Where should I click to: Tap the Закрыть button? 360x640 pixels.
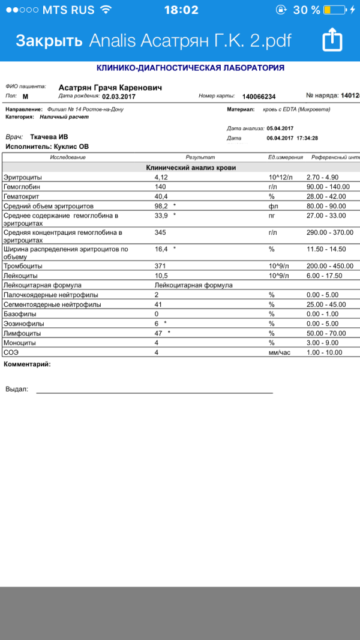click(49, 40)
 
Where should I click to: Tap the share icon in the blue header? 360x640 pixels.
click(332, 40)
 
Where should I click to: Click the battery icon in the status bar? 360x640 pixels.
click(334, 10)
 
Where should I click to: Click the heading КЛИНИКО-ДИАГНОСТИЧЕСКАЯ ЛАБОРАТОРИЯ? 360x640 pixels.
click(190, 68)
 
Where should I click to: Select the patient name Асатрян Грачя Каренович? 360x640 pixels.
click(110, 88)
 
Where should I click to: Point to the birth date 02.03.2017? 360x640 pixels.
click(119, 96)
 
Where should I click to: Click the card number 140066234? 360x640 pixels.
click(259, 97)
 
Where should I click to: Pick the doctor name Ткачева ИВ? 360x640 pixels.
click(49, 137)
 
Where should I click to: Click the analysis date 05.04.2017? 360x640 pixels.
click(280, 128)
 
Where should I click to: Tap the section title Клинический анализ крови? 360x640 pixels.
click(191, 168)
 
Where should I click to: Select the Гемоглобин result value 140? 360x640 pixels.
click(160, 187)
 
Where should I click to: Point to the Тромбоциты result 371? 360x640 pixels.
click(160, 266)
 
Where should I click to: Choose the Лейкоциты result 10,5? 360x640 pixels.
click(161, 276)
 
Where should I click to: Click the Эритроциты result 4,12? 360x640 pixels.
click(161, 178)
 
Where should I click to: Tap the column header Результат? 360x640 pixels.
click(200, 157)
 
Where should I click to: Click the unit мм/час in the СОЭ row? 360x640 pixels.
click(280, 352)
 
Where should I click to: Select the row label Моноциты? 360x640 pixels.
click(20, 343)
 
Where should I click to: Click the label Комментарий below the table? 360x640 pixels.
click(27, 364)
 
